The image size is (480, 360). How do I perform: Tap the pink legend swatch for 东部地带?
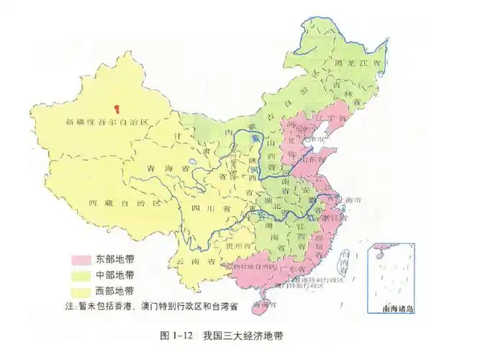pyautogui.click(x=79, y=259)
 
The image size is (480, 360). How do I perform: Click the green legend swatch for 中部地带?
pyautogui.click(x=79, y=276)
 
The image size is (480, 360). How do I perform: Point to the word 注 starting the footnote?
pyautogui.click(x=69, y=307)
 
